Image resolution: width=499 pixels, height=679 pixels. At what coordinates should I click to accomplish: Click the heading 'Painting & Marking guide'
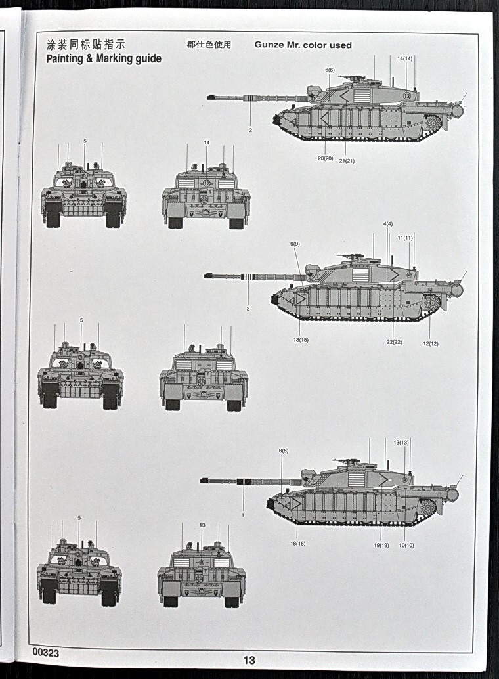coord(104,58)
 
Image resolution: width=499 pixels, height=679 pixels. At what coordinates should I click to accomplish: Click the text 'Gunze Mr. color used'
coord(303,45)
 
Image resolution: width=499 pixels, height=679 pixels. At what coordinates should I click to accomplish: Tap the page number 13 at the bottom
coord(249,660)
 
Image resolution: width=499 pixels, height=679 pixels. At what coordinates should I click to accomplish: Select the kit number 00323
coord(45,653)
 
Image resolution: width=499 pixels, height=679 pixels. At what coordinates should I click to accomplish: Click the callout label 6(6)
coord(330,70)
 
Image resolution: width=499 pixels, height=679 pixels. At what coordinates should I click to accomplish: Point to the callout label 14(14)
coord(405,59)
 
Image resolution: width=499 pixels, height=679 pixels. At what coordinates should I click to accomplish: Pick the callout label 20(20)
coord(326,158)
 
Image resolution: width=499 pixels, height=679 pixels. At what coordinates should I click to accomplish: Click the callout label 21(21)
coord(347,160)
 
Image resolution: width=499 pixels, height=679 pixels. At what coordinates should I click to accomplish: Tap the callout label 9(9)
coord(295,244)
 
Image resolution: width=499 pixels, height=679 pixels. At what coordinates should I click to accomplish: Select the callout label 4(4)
coord(388,224)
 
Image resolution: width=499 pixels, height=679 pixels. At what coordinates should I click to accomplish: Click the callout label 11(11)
coord(406,238)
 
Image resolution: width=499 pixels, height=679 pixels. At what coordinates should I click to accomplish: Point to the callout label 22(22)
coord(394,342)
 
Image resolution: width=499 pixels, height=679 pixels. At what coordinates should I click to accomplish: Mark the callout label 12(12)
coord(431,343)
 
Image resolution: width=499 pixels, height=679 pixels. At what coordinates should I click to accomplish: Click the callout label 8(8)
coord(284,450)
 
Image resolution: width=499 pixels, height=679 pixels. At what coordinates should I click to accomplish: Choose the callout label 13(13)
coord(401,443)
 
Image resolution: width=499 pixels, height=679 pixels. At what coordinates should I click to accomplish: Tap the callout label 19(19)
coord(381,545)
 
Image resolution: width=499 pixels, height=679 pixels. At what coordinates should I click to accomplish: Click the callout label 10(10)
coord(406,545)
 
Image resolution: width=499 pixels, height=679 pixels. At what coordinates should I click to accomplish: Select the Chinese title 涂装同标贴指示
coord(86,45)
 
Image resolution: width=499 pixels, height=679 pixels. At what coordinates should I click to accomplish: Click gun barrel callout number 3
coord(248,309)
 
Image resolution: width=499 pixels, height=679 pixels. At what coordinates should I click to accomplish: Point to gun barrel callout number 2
coord(250,130)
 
